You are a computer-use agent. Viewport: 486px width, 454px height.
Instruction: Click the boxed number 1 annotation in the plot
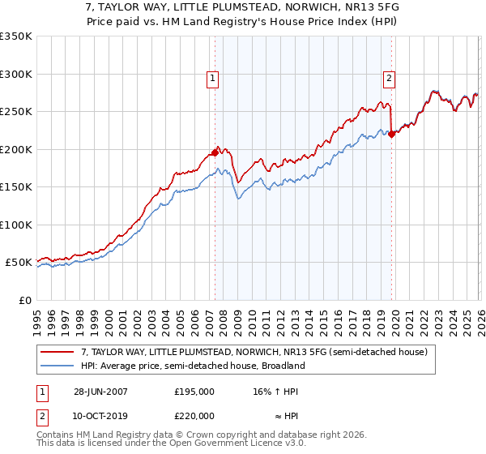(x=212, y=79)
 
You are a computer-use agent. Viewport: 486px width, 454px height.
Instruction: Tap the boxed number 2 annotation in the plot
(x=390, y=79)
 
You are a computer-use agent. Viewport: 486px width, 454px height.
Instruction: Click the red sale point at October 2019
(x=391, y=135)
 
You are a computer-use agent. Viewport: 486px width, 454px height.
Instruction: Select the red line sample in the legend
(x=58, y=353)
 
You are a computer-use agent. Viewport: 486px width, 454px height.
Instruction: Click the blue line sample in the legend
(x=58, y=366)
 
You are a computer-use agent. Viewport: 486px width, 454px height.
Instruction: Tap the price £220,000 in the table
(x=194, y=416)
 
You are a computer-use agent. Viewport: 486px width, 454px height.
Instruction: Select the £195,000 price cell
(x=194, y=391)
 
